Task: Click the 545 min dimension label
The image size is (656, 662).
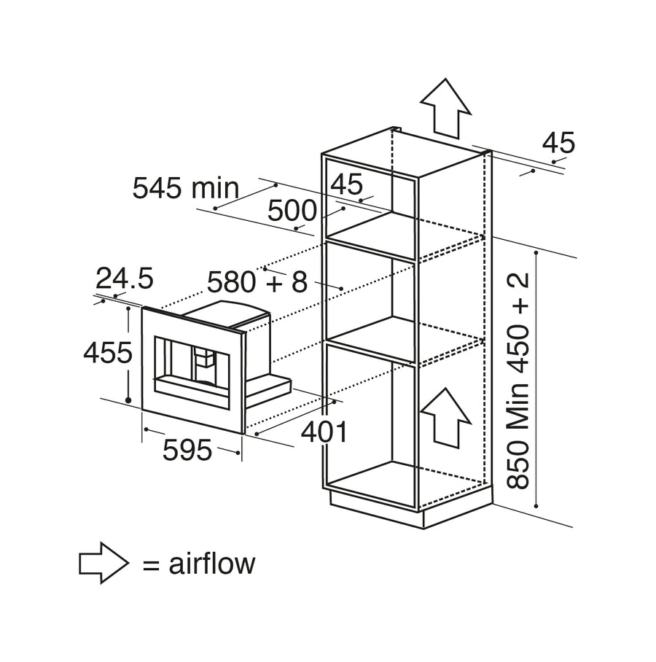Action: coord(186,188)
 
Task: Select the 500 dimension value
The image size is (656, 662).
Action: coord(292,211)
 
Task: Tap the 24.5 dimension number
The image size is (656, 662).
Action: coord(125,279)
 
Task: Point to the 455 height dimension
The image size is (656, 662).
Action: coord(108,353)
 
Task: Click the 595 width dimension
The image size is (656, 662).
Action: coord(187,450)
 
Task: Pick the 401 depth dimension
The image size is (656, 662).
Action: coord(324,432)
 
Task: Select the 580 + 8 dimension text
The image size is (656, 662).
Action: coord(257,282)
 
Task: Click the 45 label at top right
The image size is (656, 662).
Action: coord(558,143)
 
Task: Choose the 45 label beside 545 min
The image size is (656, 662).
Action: coord(346,184)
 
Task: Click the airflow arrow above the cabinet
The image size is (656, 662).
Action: coord(445,108)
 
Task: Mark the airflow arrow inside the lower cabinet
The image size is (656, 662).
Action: coord(446,418)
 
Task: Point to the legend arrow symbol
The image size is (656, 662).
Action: coord(104,563)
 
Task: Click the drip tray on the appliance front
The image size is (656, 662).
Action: coord(192,386)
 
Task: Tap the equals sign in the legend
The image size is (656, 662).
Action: coord(151,564)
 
